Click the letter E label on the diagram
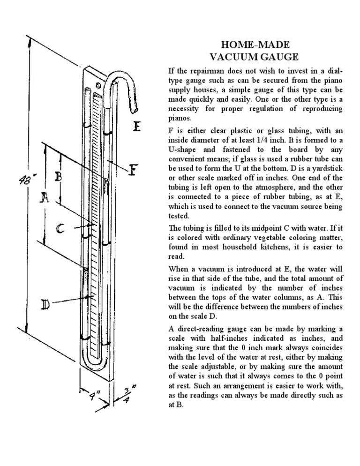click(x=137, y=127)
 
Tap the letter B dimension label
click(x=59, y=177)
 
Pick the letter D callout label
click(x=46, y=305)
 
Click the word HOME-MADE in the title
click(x=255, y=45)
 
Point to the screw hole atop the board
click(x=98, y=85)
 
